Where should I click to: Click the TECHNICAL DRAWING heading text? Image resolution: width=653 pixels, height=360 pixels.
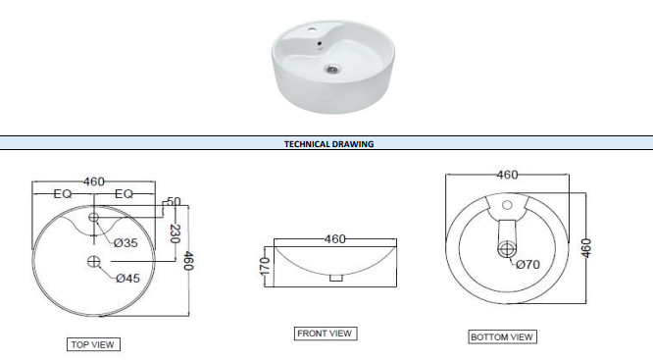click(329, 144)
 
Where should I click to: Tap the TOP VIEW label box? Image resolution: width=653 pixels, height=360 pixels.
click(93, 344)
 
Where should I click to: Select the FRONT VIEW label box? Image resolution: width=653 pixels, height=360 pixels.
click(326, 334)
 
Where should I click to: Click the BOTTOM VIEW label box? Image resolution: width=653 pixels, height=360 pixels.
click(502, 336)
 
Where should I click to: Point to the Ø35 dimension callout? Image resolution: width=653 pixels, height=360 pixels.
click(126, 243)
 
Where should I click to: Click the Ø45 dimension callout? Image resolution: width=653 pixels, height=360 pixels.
click(127, 278)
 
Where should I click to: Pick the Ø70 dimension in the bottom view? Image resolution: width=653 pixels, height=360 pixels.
click(527, 264)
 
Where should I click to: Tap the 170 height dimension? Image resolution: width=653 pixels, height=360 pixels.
click(265, 267)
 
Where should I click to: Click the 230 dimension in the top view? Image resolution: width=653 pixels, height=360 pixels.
click(175, 234)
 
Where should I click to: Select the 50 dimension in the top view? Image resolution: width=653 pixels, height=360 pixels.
click(174, 202)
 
